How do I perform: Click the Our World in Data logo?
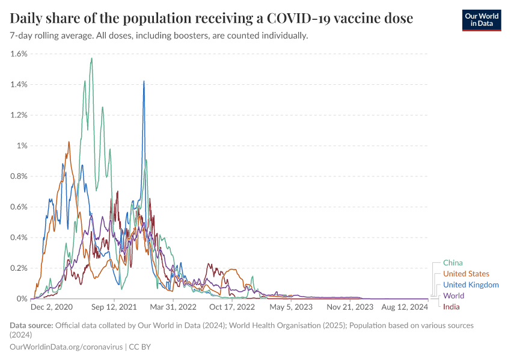coord(481,19)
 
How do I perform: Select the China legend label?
coord(453,262)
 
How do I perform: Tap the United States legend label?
coord(466,274)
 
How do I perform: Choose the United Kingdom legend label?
coord(471,285)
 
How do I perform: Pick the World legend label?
coord(453,296)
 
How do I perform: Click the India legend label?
coord(451,307)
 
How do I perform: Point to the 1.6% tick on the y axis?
coord(19,54)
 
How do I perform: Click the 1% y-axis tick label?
coord(22,146)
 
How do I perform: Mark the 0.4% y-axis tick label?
coord(19,237)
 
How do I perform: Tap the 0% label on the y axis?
coord(22,298)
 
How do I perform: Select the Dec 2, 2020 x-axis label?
coord(52,307)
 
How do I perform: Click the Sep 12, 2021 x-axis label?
coord(114,307)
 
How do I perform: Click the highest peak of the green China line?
coord(91,58)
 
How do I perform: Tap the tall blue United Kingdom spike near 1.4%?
coord(144,81)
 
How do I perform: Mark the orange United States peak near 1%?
coord(69,142)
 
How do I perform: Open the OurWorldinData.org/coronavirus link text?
coord(66,347)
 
